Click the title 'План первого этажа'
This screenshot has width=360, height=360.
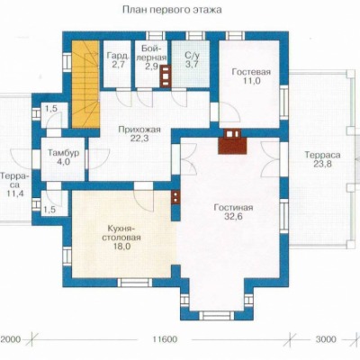pyautogui.click(x=172, y=10)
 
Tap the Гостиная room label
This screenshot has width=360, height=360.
pyautogui.click(x=233, y=207)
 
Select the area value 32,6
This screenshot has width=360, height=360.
pyautogui.click(x=233, y=217)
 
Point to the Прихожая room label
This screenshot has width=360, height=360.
pyautogui.click(x=139, y=130)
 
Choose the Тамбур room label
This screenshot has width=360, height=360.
pyautogui.click(x=63, y=153)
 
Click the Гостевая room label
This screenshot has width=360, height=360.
pyautogui.click(x=251, y=72)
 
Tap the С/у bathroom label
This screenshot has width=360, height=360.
pyautogui.click(x=190, y=56)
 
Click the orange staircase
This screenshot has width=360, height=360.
pyautogui.click(x=85, y=85)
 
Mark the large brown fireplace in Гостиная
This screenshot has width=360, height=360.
pyautogui.click(x=232, y=142)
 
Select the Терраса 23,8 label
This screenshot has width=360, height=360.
pyautogui.click(x=322, y=159)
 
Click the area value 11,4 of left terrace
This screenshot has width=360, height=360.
pyautogui.click(x=15, y=193)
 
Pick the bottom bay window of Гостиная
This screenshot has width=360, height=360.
pyautogui.click(x=217, y=315)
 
